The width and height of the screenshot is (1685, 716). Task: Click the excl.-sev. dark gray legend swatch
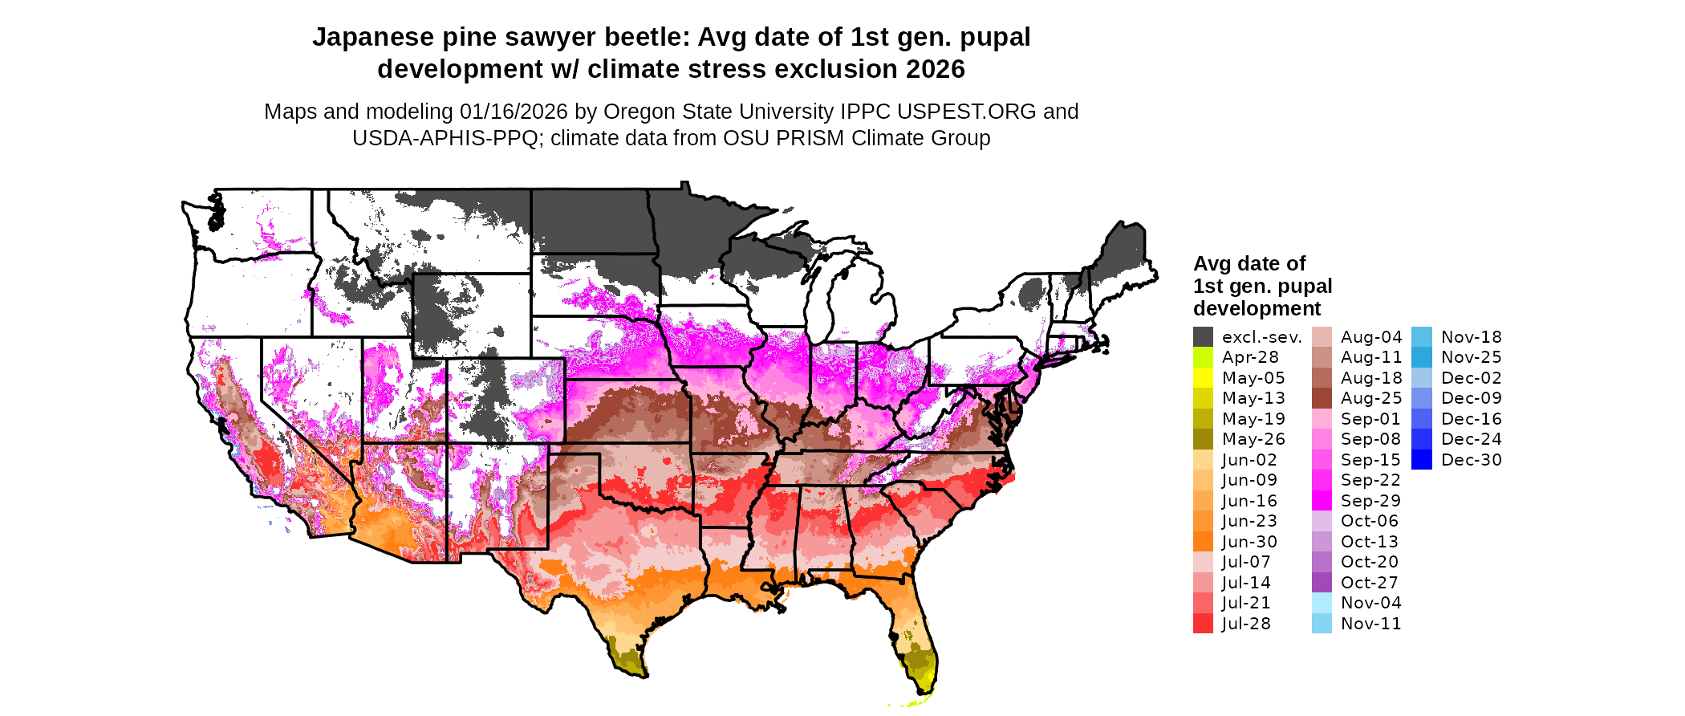1203,337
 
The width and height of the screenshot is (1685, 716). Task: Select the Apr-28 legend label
1250,357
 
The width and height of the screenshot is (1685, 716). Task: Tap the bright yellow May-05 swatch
1203,378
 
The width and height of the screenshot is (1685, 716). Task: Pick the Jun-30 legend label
1249,542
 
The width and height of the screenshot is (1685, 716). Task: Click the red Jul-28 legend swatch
1203,624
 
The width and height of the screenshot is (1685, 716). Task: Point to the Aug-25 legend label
1371,398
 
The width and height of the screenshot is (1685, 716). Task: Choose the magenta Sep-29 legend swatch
1322,501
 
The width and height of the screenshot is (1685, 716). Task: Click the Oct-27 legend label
1369,583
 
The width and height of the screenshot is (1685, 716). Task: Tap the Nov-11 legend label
1370,624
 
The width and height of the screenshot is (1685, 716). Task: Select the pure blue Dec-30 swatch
1421,460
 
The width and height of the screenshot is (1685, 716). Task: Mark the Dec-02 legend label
1471,378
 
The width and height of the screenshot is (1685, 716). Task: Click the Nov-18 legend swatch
1421,337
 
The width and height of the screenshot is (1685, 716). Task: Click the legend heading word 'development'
1257,309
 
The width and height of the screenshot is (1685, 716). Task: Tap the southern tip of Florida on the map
922,690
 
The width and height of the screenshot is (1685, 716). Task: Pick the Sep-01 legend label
1370,419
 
